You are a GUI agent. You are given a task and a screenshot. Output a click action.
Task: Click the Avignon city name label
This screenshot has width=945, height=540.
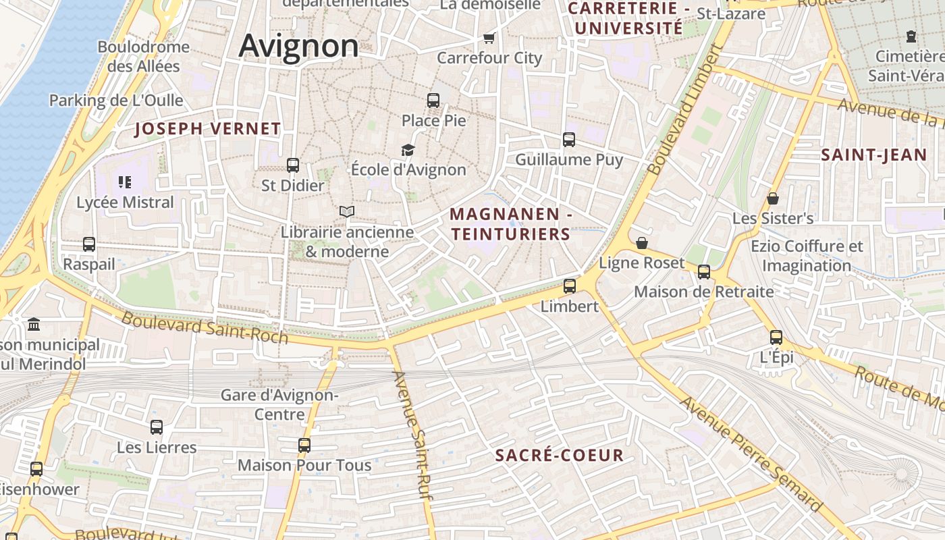pyautogui.click(x=298, y=46)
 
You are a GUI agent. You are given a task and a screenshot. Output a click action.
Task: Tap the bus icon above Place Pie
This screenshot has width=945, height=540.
pyautogui.click(x=433, y=101)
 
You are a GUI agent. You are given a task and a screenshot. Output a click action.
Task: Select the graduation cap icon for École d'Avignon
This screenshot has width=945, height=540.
pyautogui.click(x=408, y=150)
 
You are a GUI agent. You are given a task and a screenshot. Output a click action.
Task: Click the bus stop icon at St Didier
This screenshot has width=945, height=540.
pyautogui.click(x=293, y=165)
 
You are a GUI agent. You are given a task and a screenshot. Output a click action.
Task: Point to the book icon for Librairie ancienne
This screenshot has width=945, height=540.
pyautogui.click(x=347, y=211)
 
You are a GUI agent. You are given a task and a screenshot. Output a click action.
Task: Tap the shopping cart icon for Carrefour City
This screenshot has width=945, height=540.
pyautogui.click(x=489, y=38)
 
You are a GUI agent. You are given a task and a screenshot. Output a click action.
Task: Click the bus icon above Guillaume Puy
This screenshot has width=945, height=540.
pyautogui.click(x=569, y=140)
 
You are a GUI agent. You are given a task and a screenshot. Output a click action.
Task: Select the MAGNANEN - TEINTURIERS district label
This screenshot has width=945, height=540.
pyautogui.click(x=511, y=224)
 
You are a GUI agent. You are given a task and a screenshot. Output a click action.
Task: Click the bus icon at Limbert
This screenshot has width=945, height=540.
pyautogui.click(x=570, y=286)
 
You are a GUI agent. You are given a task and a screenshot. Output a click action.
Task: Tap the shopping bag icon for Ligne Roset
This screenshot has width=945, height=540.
pyautogui.click(x=642, y=243)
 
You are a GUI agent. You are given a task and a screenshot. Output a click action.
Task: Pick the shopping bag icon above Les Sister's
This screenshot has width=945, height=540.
pyautogui.click(x=773, y=198)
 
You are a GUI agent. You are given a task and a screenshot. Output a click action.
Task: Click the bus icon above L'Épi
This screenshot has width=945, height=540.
pyautogui.click(x=776, y=337)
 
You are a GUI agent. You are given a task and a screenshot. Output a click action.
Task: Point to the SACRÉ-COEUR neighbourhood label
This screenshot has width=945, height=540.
pyautogui.click(x=560, y=455)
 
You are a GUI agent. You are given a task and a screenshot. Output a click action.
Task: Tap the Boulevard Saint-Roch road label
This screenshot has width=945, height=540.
pyautogui.click(x=205, y=327)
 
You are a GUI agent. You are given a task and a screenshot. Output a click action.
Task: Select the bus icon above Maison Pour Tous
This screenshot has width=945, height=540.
pyautogui.click(x=304, y=446)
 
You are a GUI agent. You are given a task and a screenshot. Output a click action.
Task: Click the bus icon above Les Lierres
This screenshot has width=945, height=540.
pyautogui.click(x=157, y=427)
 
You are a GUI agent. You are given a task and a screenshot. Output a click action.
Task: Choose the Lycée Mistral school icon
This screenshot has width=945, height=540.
pyautogui.click(x=124, y=182)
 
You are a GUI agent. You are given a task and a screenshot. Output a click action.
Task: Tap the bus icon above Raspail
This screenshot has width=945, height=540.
pyautogui.click(x=89, y=244)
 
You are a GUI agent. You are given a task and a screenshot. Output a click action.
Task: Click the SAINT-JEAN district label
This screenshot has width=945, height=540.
pyautogui.click(x=874, y=155)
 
